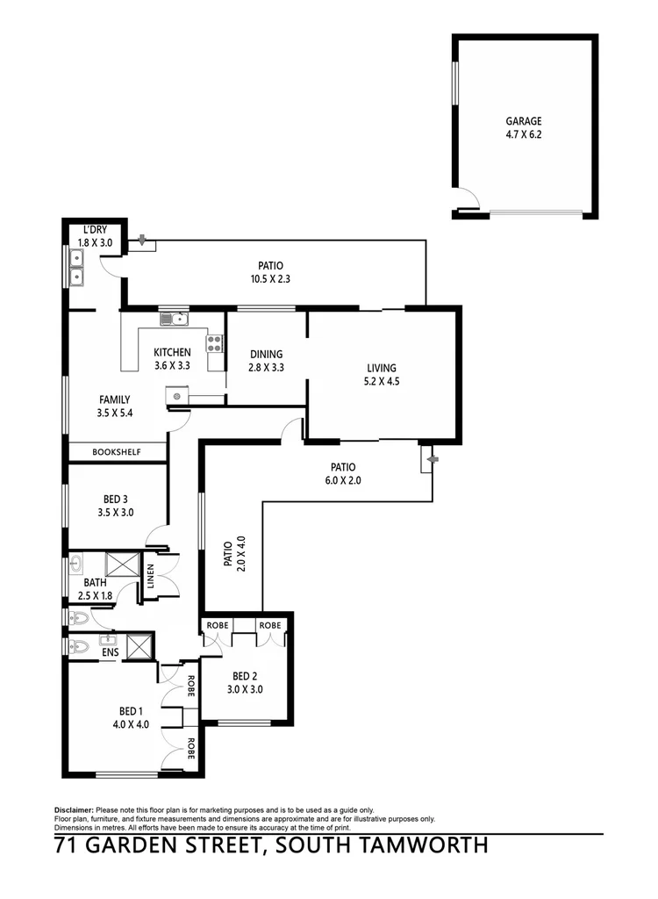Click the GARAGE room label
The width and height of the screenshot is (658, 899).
tap(523, 121)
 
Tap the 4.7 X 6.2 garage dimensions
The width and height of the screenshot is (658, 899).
tap(523, 135)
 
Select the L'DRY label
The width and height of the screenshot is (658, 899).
tap(94, 231)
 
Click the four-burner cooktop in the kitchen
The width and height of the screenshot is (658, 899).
tap(214, 342)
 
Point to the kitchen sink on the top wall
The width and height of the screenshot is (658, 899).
tap(173, 319)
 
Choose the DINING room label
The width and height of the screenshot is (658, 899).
tap(266, 354)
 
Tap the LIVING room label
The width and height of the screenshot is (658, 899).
tap(382, 368)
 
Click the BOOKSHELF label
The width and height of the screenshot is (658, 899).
tap(118, 453)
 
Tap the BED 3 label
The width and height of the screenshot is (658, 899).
tap(117, 498)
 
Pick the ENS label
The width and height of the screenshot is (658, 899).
tap(110, 653)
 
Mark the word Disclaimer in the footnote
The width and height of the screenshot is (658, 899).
tap(74, 809)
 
